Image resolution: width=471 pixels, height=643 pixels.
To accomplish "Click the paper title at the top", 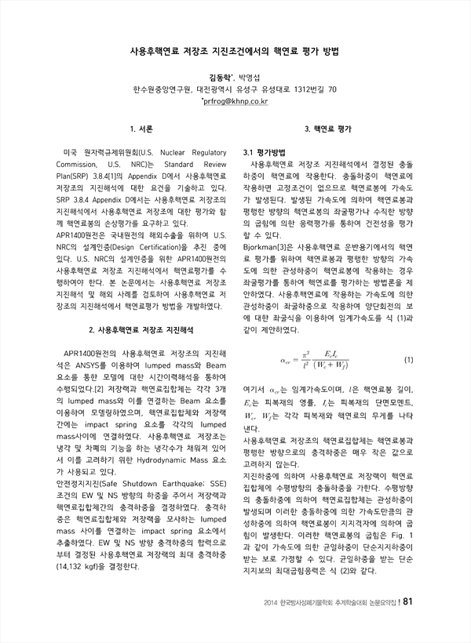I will (x=235, y=51).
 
